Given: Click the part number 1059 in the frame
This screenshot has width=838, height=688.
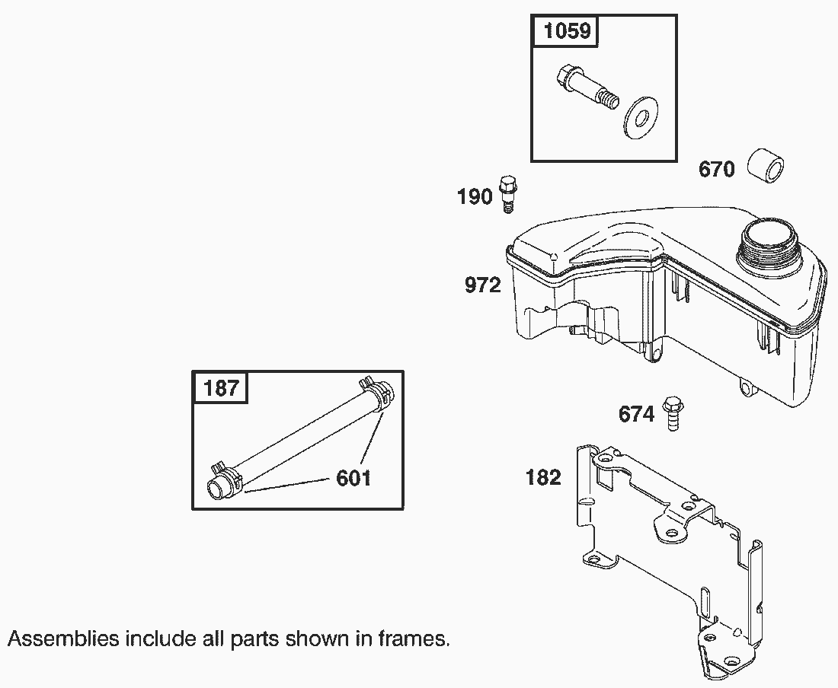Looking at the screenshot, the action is pos(567,31).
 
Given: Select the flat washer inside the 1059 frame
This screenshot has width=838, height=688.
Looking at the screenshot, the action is pos(640,118).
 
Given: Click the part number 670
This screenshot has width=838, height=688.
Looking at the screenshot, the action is pos(717,170).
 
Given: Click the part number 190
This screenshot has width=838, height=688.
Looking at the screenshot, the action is pos(475,197).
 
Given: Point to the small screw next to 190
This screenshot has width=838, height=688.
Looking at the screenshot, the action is pos(509,194).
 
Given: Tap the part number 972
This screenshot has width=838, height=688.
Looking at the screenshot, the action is pos(482,285).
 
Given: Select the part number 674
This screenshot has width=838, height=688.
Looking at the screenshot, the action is pos(636,414).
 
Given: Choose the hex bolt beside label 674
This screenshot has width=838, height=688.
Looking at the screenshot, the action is pos(673,413).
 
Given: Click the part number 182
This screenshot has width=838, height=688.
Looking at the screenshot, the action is pos(543,477).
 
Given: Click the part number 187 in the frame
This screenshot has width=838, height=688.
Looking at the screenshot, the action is pos(221,387).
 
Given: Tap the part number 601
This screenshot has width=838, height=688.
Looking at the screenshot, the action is pos(353,478).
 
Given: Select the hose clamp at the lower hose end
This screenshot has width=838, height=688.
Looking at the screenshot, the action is pos(229,476).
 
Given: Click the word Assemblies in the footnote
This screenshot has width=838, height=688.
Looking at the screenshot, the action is pos(63,639).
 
